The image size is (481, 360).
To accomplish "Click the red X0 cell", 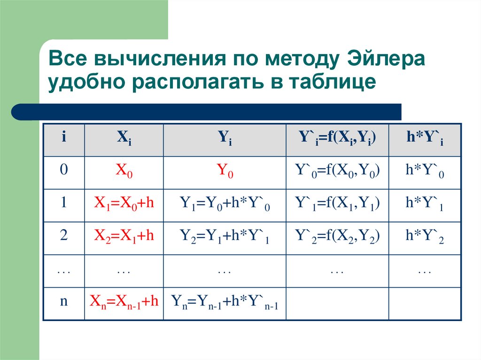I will pos(124,172).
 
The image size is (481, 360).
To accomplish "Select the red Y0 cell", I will pos(225,172).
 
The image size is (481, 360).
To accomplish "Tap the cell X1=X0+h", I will pos(124,204).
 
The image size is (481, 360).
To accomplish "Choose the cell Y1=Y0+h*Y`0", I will pos(225,204).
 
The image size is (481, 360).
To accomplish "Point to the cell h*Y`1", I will pos(425,204).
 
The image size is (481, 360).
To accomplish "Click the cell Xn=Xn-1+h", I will pos(124,303).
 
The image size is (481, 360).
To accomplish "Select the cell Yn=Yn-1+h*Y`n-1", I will pos(225,303).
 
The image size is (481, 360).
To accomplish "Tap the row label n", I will pos(63,302).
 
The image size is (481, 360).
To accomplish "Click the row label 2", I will pos(63,236).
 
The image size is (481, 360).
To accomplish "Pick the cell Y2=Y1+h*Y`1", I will pos(225,237).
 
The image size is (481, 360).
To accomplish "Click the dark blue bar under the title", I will pos(207,112).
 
